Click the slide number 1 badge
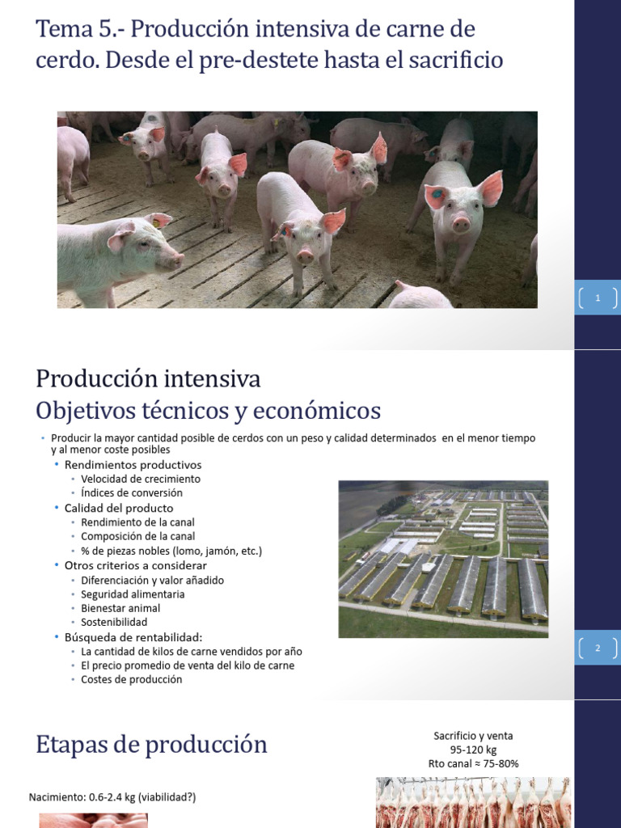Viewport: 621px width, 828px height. pos(598,298)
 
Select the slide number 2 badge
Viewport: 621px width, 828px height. pos(598,648)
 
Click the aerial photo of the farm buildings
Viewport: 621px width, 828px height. pos(443,558)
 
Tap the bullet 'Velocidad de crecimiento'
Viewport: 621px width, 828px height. pos(141,479)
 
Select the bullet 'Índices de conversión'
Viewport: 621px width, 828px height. pos(132,492)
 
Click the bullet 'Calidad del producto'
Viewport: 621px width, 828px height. pos(119,508)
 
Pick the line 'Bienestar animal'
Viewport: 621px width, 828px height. pos(120,608)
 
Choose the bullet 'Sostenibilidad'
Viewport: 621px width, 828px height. pos(114,623)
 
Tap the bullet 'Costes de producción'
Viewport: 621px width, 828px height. pos(132,679)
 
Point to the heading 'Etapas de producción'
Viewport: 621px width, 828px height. pos(152,744)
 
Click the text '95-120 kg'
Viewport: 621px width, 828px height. pos(473,750)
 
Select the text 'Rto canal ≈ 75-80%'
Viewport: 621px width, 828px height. pos(473,763)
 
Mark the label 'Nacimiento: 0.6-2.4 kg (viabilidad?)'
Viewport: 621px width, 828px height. pos(112,797)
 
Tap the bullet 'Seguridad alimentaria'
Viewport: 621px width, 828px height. pos(133,594)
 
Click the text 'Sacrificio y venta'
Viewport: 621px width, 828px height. pos(473,736)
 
